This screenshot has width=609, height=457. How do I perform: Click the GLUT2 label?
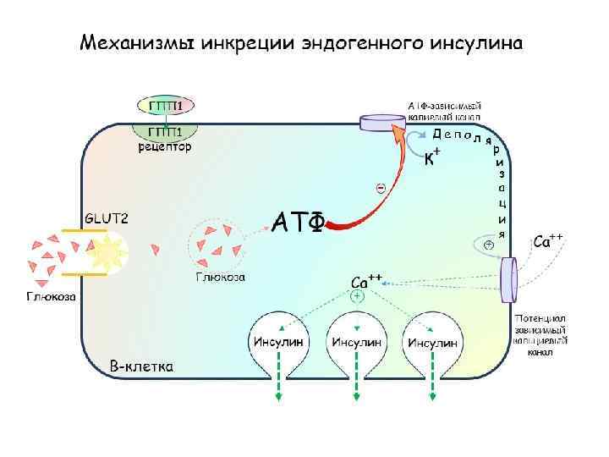pyautogui.click(x=107, y=217)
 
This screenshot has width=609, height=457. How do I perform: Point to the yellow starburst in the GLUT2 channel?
pyautogui.click(x=107, y=251)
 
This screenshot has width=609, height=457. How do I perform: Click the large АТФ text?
pyautogui.click(x=298, y=222)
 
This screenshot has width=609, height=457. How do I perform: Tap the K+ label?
pyautogui.click(x=431, y=158)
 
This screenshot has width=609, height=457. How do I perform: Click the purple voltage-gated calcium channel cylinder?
pyautogui.click(x=510, y=278)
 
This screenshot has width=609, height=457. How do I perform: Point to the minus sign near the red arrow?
pyautogui.click(x=381, y=187)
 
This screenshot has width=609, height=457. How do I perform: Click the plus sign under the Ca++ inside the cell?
pyautogui.click(x=357, y=297)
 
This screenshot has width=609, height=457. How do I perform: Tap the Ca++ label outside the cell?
pyautogui.click(x=548, y=240)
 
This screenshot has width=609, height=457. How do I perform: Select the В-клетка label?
pyautogui.click(x=142, y=367)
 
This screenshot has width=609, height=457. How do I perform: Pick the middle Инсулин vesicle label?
pyautogui.click(x=356, y=342)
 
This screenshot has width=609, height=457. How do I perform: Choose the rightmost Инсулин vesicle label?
pyautogui.click(x=433, y=342)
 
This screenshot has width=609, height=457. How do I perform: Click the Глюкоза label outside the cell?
pyautogui.click(x=50, y=297)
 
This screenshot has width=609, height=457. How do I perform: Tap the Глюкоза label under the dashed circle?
pyautogui.click(x=221, y=277)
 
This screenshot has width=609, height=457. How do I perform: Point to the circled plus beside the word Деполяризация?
pyautogui.click(x=489, y=245)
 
